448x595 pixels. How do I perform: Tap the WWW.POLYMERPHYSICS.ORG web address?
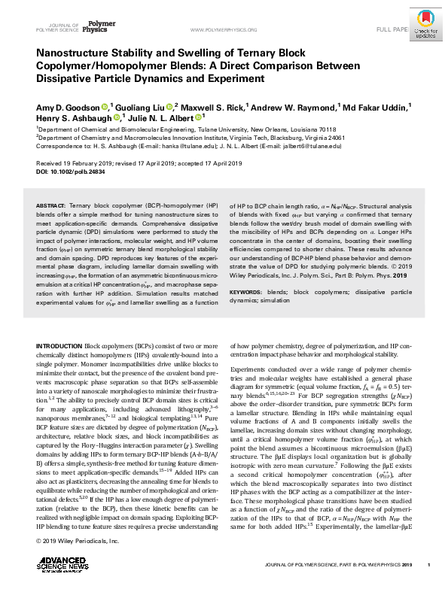[x=225, y=30]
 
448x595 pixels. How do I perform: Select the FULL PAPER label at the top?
[x=392, y=30]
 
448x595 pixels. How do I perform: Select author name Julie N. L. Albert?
[x=163, y=118]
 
